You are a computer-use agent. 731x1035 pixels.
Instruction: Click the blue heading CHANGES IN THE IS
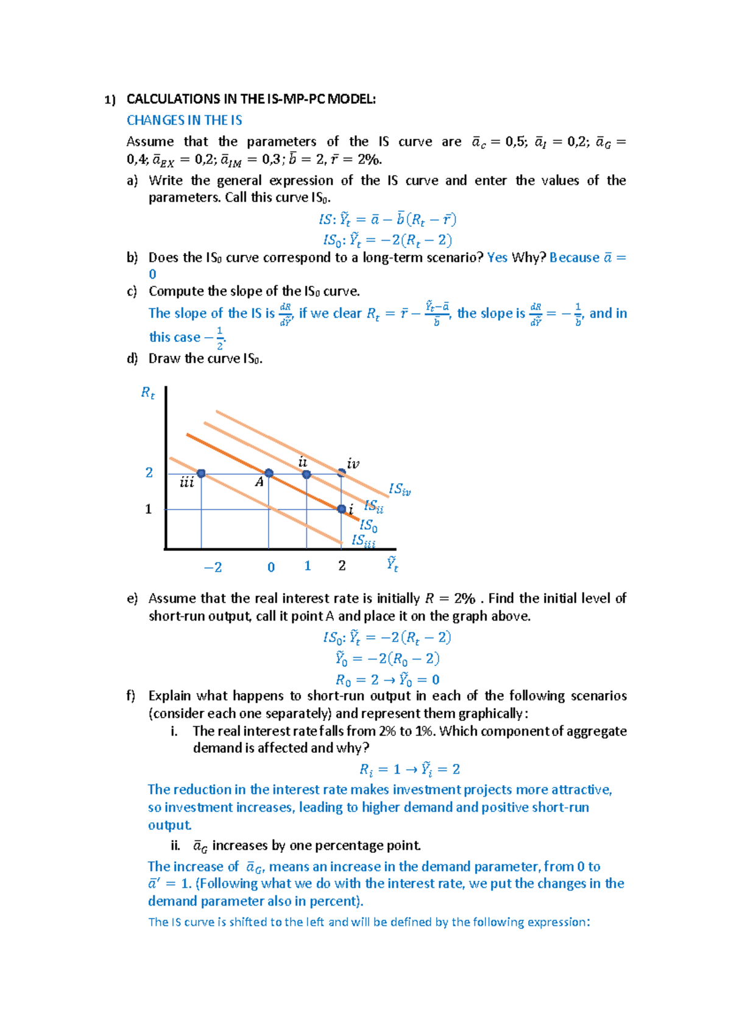point(184,120)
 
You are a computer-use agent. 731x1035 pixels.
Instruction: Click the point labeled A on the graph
point(269,473)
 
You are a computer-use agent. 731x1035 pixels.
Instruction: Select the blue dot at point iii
point(201,474)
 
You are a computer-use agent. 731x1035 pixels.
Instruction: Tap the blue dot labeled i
point(342,509)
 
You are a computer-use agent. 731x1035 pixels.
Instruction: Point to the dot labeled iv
point(342,472)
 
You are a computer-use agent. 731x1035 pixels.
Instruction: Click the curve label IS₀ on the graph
point(369,525)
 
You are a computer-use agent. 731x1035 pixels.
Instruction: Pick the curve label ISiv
point(400,489)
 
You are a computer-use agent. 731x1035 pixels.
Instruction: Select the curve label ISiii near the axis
point(364,541)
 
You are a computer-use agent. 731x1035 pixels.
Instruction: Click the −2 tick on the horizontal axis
point(213,567)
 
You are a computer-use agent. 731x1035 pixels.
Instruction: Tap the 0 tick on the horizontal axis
point(271,567)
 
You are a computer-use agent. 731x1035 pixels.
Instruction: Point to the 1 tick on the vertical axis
point(148,509)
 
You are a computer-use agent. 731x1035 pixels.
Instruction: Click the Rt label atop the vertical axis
point(148,393)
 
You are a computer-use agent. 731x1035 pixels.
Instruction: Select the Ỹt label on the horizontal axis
point(392,564)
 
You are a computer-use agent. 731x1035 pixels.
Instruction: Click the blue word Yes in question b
point(497,257)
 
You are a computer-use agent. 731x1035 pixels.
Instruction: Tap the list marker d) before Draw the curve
point(132,358)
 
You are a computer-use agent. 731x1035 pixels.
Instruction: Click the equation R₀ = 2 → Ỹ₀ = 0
point(387,679)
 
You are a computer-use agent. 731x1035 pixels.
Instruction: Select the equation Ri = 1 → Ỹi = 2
point(410,769)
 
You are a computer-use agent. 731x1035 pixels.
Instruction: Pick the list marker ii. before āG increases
point(175,845)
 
